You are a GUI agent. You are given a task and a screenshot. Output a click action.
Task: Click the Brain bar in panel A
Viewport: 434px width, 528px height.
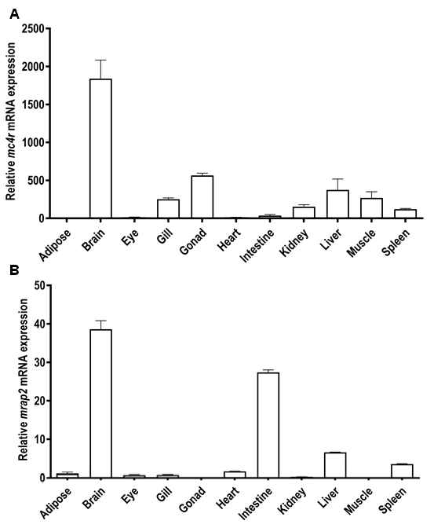[100, 148]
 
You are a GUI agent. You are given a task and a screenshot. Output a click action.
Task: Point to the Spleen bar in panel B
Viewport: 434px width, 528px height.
[404, 471]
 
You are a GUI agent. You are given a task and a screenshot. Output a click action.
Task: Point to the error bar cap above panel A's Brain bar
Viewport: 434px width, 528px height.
[100, 60]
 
